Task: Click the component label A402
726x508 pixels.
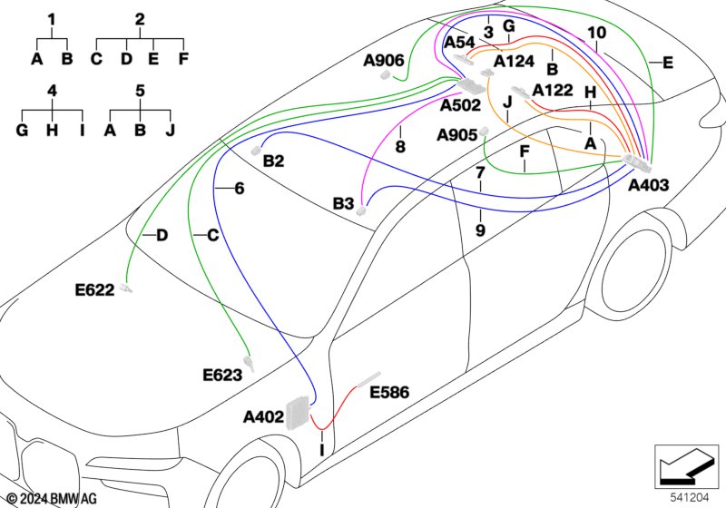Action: (263, 417)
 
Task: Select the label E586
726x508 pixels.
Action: (389, 392)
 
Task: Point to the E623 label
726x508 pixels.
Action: (222, 375)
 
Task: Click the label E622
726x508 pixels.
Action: (94, 290)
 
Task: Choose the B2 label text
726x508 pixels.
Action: (273, 161)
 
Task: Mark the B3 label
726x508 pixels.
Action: (343, 203)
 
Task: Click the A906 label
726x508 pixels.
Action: (383, 61)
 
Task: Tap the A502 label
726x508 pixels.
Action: (460, 105)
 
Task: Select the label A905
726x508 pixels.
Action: (457, 135)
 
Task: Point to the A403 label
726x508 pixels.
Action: (648, 186)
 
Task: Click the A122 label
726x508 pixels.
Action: (553, 90)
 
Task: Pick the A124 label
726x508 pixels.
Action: (514, 61)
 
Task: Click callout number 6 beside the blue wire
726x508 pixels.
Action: (240, 189)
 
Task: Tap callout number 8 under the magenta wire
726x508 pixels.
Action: (400, 147)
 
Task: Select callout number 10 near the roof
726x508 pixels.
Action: (596, 33)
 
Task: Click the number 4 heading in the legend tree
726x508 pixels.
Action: (52, 91)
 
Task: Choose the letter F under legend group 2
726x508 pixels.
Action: (183, 59)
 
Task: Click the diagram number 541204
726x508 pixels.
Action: (690, 498)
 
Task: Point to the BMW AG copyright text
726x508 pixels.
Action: (53, 499)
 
